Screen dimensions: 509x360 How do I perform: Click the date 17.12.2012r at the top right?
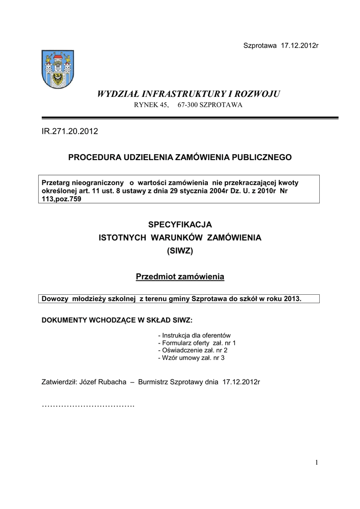tap(299, 46)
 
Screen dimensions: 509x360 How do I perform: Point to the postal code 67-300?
tap(188, 104)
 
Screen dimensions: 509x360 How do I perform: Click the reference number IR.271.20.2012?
tap(70, 131)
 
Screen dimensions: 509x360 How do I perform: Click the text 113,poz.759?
tap(61, 199)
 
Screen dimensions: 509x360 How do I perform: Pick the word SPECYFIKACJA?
tap(180, 225)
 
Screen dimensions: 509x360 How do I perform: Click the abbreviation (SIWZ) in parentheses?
tap(180, 252)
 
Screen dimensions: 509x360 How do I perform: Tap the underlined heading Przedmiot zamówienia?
tap(180, 276)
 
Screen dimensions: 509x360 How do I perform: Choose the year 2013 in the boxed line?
tap(290, 299)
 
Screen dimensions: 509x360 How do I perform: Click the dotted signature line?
tap(88, 406)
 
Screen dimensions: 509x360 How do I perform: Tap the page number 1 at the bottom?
tap(316, 463)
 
